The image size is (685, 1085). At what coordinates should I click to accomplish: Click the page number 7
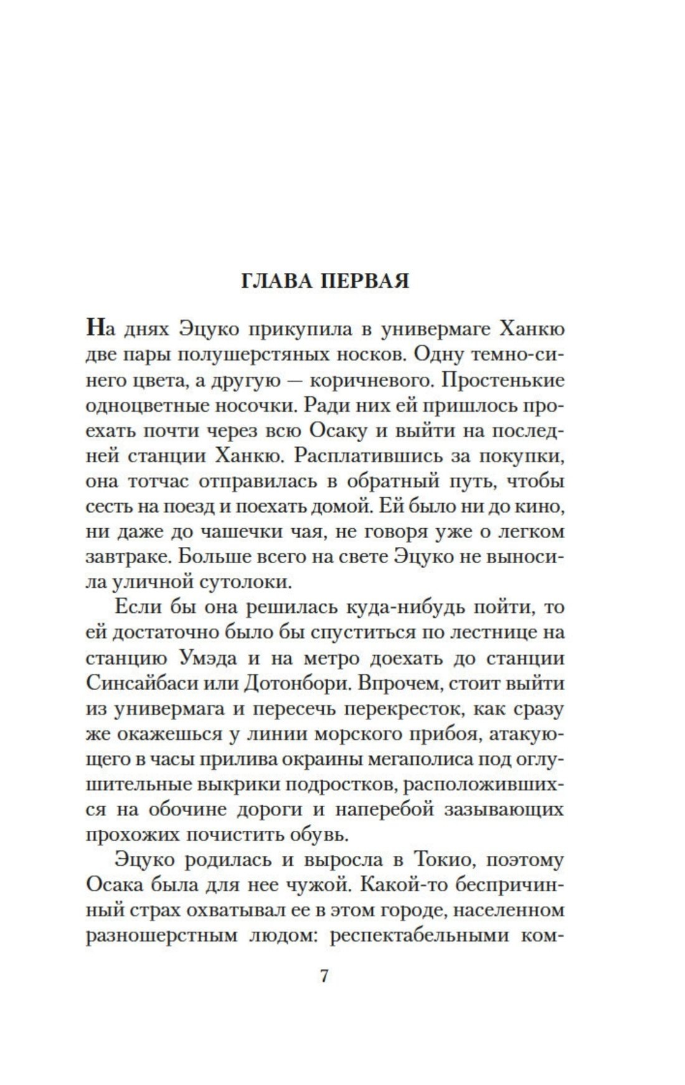point(324,975)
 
